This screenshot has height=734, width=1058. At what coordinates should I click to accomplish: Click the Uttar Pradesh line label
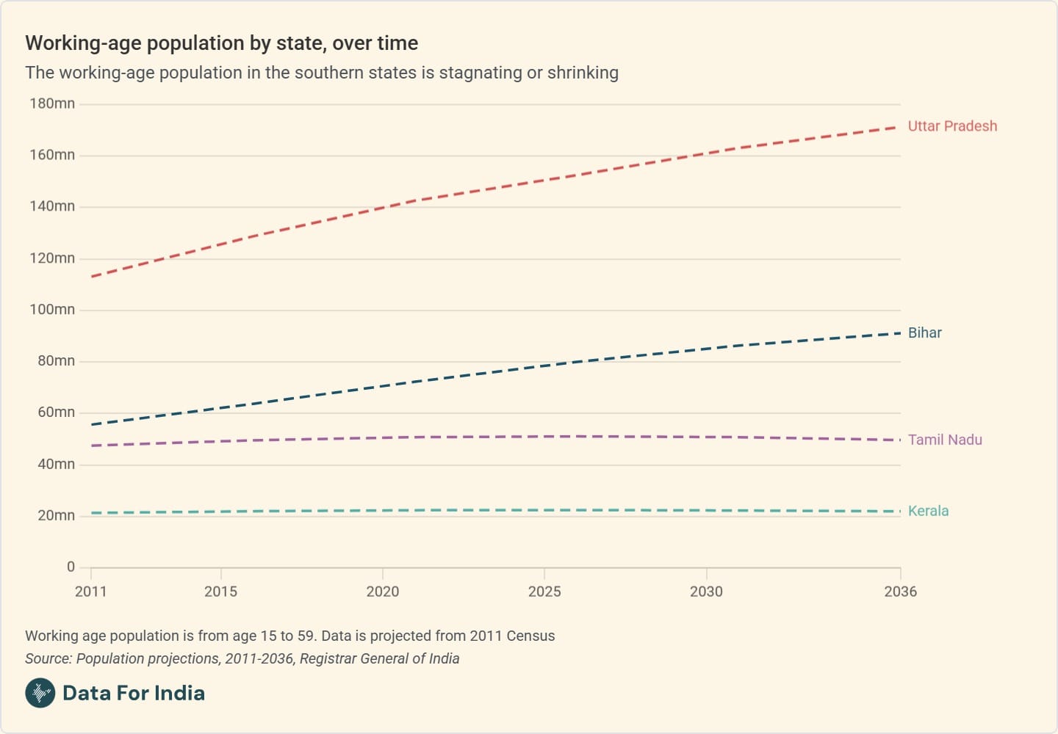click(952, 126)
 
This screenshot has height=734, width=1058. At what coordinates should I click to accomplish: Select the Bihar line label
click(924, 333)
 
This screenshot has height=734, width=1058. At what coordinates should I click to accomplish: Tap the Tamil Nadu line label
click(945, 440)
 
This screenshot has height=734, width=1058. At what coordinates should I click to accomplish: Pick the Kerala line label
click(928, 512)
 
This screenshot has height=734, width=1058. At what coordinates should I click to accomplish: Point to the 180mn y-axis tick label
click(52, 103)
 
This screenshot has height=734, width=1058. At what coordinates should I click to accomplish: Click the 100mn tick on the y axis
click(52, 310)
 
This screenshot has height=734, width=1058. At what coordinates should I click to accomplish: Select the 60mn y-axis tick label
click(56, 413)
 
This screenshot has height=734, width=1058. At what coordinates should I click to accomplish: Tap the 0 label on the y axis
click(71, 567)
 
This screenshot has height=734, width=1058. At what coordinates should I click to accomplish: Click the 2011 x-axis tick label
click(90, 592)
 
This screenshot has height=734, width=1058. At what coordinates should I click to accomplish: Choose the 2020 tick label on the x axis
click(382, 592)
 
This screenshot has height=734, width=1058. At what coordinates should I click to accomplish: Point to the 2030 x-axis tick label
click(706, 592)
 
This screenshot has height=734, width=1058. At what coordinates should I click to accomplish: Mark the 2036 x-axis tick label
click(900, 592)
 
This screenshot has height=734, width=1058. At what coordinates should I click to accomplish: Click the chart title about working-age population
click(221, 43)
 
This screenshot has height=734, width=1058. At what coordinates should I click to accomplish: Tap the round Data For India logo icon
click(40, 693)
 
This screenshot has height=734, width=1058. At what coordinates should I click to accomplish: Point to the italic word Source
click(48, 658)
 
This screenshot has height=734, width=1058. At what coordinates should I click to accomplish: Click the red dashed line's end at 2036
click(896, 127)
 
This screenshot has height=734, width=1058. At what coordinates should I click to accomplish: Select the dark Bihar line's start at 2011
click(92, 424)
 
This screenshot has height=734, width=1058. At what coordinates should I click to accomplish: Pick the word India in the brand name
click(179, 693)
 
